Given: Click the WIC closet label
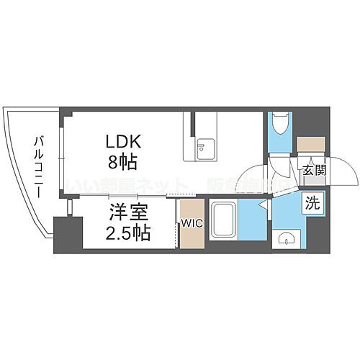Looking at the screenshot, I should pyautogui.click(x=192, y=222).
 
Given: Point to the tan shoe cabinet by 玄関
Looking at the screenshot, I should pyautogui.click(x=311, y=144).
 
